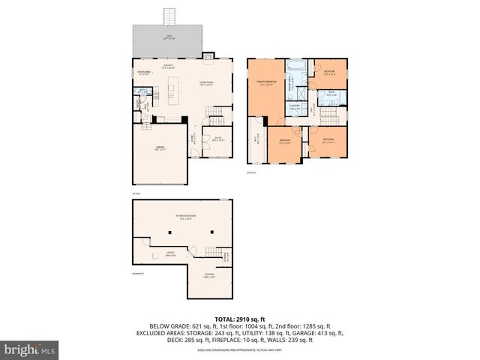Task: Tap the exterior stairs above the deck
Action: click(x=169, y=16)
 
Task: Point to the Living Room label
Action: click(x=206, y=83)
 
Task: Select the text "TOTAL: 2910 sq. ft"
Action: click(x=240, y=319)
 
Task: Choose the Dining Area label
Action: click(x=144, y=73)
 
